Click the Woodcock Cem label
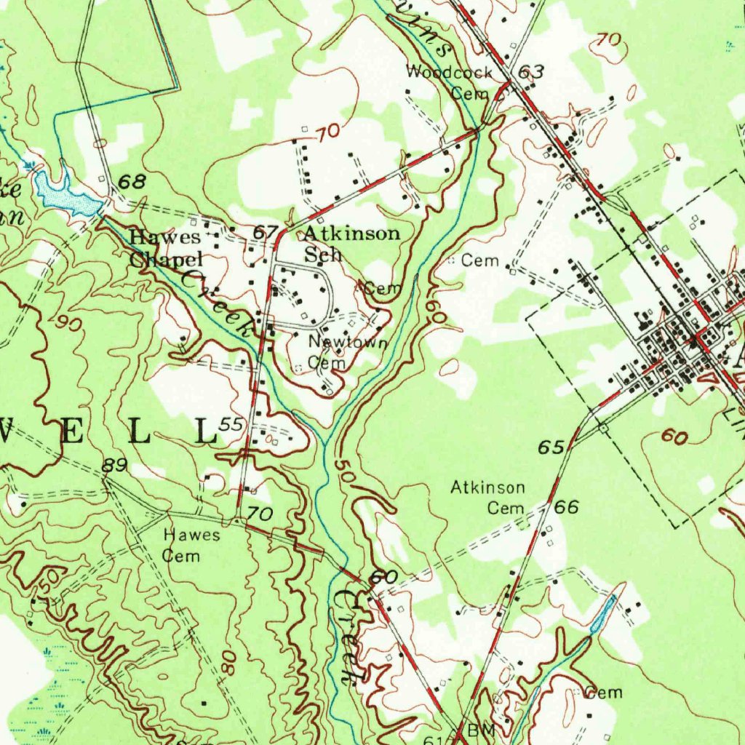point(450,82)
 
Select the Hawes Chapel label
point(165,247)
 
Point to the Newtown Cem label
point(338,351)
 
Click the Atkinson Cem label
point(487,497)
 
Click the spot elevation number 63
point(531,71)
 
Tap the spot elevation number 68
point(132,182)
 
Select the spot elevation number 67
point(266,233)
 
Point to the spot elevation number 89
point(115,466)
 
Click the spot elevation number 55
point(231,424)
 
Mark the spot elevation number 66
point(567,507)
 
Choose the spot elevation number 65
point(551,447)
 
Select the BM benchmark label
point(481,729)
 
